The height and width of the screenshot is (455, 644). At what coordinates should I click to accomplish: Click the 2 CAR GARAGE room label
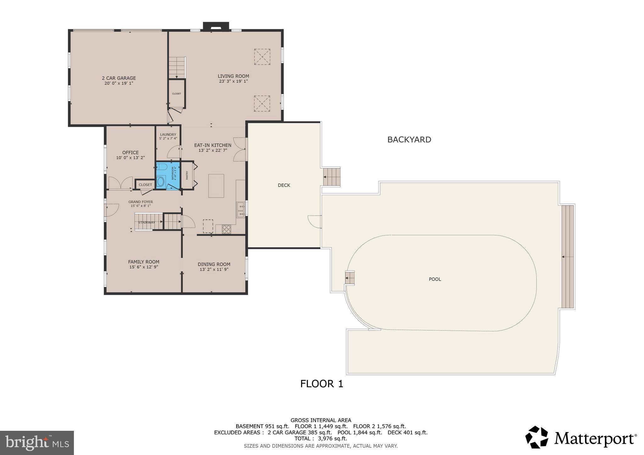(x=119, y=78)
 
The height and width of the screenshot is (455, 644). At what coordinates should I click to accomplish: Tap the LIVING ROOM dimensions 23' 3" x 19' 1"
(x=233, y=81)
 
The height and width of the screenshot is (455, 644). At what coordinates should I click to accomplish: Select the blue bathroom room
(x=168, y=176)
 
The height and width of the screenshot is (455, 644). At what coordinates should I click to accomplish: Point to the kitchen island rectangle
(x=216, y=186)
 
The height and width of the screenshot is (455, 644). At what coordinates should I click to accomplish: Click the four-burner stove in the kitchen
(x=226, y=229)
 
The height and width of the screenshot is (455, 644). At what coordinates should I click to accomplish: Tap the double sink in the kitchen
(x=241, y=210)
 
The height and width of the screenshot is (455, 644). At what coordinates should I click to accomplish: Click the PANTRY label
(x=187, y=175)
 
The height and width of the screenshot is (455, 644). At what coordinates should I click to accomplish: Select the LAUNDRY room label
(x=168, y=134)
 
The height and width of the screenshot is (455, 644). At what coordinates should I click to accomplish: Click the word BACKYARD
(x=409, y=140)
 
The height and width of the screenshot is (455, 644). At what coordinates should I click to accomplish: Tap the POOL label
(x=435, y=279)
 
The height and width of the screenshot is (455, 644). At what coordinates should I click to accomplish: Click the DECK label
(x=284, y=185)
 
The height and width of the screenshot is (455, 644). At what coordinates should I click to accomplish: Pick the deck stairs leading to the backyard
(x=332, y=177)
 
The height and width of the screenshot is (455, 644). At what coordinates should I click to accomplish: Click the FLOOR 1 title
(x=321, y=384)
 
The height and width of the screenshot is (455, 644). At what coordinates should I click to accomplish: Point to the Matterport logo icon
(x=536, y=437)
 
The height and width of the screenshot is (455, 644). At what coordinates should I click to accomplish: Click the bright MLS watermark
(x=37, y=443)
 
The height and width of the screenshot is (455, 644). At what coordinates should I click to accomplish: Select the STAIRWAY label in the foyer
(x=147, y=222)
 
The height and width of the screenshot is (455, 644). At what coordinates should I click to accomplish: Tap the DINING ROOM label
(x=214, y=264)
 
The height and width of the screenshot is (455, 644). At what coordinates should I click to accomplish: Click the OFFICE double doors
(x=120, y=183)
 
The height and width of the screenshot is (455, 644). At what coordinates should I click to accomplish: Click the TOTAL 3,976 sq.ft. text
(x=320, y=438)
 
